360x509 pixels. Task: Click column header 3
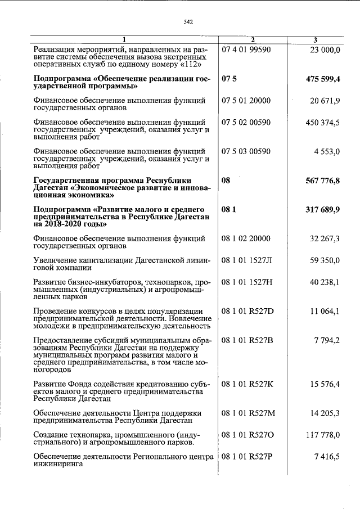pos(316,40)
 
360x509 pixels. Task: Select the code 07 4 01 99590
pos(247,50)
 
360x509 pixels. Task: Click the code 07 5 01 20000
pos(247,101)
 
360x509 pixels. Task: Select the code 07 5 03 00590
pos(247,151)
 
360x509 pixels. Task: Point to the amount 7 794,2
pos(327,340)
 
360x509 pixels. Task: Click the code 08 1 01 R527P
pos(246,457)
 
